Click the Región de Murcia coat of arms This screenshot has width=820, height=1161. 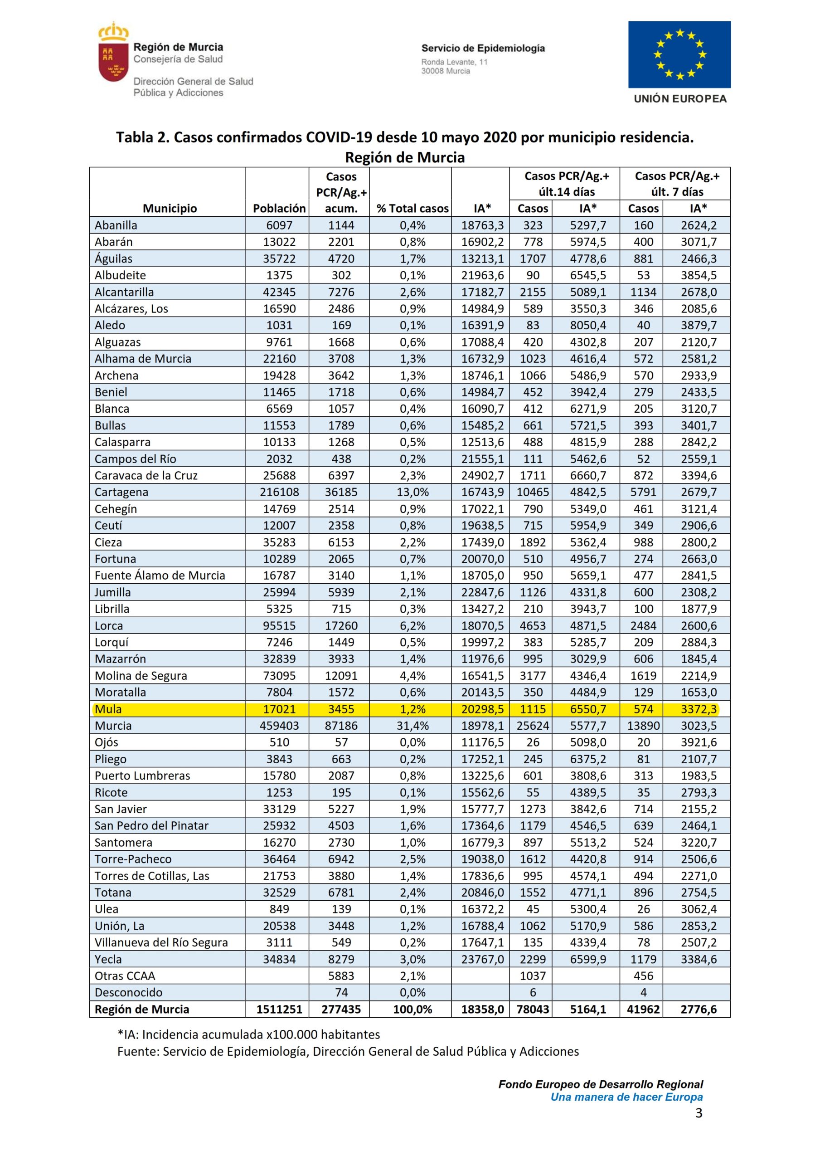(x=113, y=53)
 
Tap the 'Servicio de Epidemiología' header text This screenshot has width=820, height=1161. (x=483, y=49)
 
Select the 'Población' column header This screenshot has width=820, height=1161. (x=279, y=208)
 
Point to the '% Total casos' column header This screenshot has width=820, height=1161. (x=412, y=208)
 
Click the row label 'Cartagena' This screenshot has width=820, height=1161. (x=121, y=492)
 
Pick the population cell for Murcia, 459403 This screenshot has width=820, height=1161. (x=279, y=726)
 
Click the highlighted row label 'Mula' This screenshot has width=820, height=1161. (x=108, y=709)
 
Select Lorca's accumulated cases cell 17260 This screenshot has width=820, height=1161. (x=341, y=625)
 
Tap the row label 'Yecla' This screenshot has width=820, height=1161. (x=108, y=959)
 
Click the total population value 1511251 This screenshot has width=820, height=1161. (x=279, y=1010)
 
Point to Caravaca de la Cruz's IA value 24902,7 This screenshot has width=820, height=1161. (x=482, y=475)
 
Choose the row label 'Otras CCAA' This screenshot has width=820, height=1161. (x=124, y=976)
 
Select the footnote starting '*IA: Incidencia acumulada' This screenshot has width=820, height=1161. (x=248, y=1034)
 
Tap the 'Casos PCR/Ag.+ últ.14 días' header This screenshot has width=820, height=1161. (x=566, y=184)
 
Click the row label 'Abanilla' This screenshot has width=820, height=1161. (x=116, y=225)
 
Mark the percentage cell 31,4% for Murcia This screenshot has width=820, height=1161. (x=412, y=726)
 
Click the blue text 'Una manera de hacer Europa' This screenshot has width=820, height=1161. (x=626, y=1097)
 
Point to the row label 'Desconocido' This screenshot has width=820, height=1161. (x=128, y=993)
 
